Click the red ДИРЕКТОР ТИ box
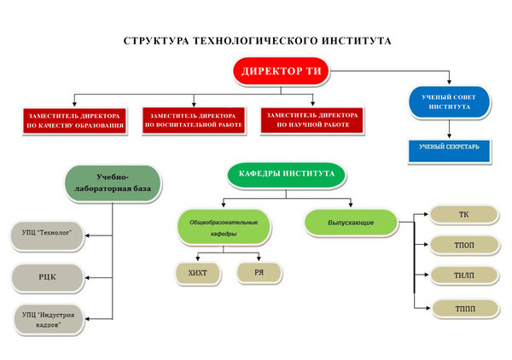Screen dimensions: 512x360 [x=281, y=71]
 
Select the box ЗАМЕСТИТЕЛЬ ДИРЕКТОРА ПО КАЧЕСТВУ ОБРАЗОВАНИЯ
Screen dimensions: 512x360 [x=74, y=121]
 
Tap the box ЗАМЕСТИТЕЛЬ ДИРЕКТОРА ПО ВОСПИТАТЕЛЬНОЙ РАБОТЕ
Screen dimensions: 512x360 [x=194, y=120]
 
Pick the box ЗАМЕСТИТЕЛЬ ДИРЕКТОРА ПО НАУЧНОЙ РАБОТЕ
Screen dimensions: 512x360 [x=312, y=120]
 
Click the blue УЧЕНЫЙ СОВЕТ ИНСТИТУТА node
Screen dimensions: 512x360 [x=450, y=102]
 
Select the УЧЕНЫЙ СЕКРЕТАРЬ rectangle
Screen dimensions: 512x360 [x=450, y=150]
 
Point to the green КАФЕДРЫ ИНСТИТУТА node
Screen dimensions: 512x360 [x=287, y=175]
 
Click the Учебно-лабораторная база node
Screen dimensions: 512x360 [x=113, y=183]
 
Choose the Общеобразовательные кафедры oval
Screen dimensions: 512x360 [x=224, y=227]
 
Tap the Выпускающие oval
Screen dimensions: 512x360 [x=351, y=223]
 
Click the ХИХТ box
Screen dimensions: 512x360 [x=198, y=273]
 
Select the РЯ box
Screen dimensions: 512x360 [x=259, y=272]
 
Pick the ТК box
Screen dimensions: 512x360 [x=464, y=214]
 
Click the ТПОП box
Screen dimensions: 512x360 [x=464, y=245]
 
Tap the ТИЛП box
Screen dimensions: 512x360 [x=464, y=276]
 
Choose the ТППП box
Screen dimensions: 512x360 [x=465, y=309]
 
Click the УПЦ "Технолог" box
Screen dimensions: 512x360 [x=47, y=235]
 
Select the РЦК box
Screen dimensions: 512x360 [x=48, y=277]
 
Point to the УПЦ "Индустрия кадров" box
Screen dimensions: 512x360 [x=49, y=320]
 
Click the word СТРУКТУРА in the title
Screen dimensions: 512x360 [x=156, y=41]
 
